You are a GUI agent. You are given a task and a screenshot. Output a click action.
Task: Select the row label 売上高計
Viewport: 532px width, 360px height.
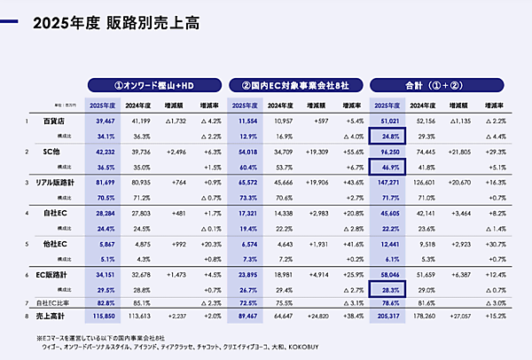coord(51,315)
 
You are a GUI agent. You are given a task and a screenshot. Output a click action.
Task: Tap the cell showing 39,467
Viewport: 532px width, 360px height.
coord(106,119)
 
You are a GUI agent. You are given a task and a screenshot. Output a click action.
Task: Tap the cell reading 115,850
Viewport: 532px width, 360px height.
coord(105,315)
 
